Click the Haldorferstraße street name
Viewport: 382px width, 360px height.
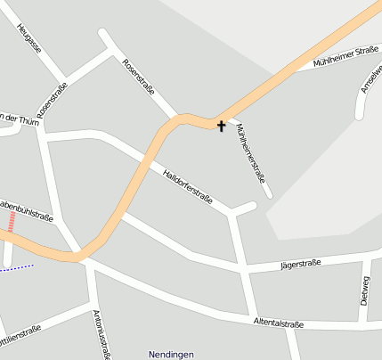(187, 185)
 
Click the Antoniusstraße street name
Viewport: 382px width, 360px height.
(101, 334)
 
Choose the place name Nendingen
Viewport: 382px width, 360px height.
(171, 354)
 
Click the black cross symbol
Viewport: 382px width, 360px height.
(221, 127)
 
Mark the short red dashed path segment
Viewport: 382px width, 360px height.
(12, 221)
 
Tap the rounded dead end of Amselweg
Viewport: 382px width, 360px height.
(360, 114)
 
